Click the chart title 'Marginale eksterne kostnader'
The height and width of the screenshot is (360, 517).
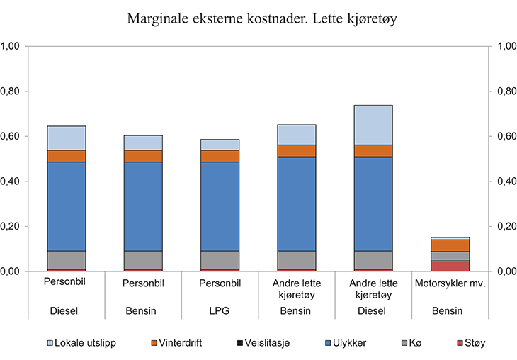258,18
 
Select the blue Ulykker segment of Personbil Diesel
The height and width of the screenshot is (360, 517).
67,206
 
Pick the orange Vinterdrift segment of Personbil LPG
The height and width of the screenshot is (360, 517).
220,156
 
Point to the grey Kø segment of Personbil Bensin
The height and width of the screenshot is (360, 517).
143,260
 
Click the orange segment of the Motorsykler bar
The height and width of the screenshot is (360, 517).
450,245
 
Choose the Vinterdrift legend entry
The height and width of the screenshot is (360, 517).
178,342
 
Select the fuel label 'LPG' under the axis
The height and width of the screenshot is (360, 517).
220,310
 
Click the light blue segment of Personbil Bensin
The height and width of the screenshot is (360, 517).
143,142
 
